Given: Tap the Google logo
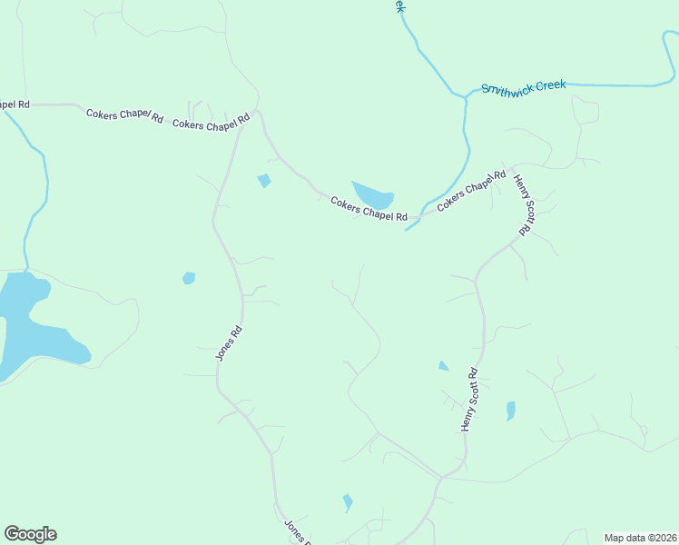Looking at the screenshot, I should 30,534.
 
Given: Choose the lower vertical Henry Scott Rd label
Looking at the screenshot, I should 468,400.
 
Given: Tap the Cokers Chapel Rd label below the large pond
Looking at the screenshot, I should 368,211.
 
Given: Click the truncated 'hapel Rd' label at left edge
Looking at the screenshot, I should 15,104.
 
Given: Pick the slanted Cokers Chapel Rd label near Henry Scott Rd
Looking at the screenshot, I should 471,191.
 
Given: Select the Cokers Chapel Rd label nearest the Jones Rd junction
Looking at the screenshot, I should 211,124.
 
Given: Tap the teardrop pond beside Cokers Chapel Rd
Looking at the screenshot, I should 373,194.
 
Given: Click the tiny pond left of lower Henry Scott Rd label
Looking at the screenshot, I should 443,366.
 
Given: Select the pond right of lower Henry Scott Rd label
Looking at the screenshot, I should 510,411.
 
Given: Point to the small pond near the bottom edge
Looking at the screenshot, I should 347,502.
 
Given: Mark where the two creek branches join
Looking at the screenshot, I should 466,95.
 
